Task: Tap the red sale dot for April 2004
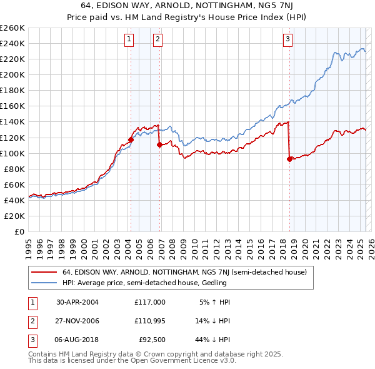[131, 139]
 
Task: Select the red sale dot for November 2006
[159, 144]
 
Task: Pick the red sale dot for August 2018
[289, 159]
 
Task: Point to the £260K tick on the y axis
[12, 28]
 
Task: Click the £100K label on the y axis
[12, 153]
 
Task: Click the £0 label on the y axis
[19, 231]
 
